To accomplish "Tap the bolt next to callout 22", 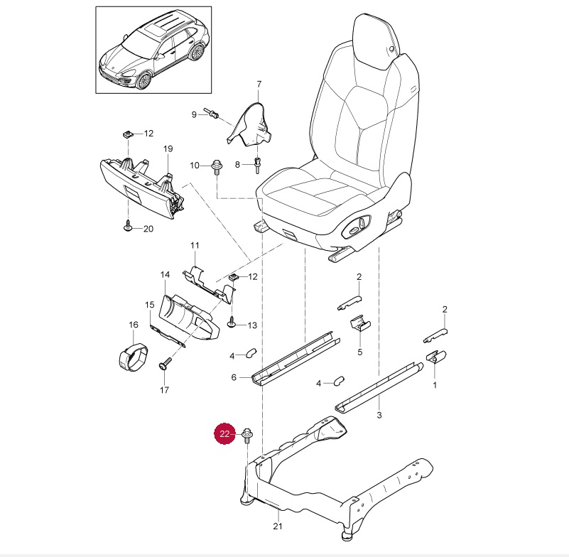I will [246, 434].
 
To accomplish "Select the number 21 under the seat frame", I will [278, 526].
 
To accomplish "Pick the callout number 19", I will [168, 148].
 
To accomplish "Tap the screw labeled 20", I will [128, 225].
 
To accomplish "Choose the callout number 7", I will [259, 85].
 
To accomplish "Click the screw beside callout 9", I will [212, 114].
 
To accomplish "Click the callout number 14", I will [165, 274].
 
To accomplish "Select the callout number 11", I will [196, 246].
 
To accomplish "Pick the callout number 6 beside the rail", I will [233, 378].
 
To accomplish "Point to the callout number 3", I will [379, 414].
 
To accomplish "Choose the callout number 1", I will [435, 385].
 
